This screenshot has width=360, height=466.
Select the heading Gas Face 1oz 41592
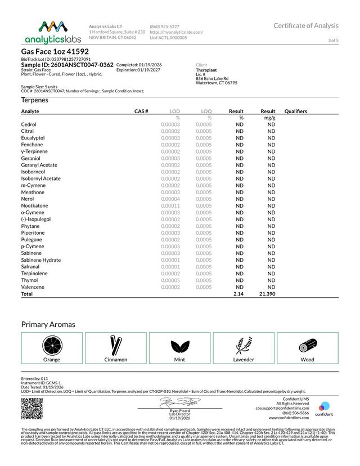coord(55,52)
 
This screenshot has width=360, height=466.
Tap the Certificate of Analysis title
coord(306,25)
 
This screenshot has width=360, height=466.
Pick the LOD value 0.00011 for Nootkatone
coord(170,206)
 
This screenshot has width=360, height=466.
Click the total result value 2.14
coord(238,294)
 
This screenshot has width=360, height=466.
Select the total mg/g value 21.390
coord(267,294)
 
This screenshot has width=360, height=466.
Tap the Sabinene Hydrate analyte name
coord(41,260)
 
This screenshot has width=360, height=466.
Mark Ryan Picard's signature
coord(179,403)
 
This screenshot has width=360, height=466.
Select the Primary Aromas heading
coord(48,325)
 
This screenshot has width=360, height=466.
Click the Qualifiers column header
coord(296,111)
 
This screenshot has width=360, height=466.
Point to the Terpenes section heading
coord(34,100)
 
